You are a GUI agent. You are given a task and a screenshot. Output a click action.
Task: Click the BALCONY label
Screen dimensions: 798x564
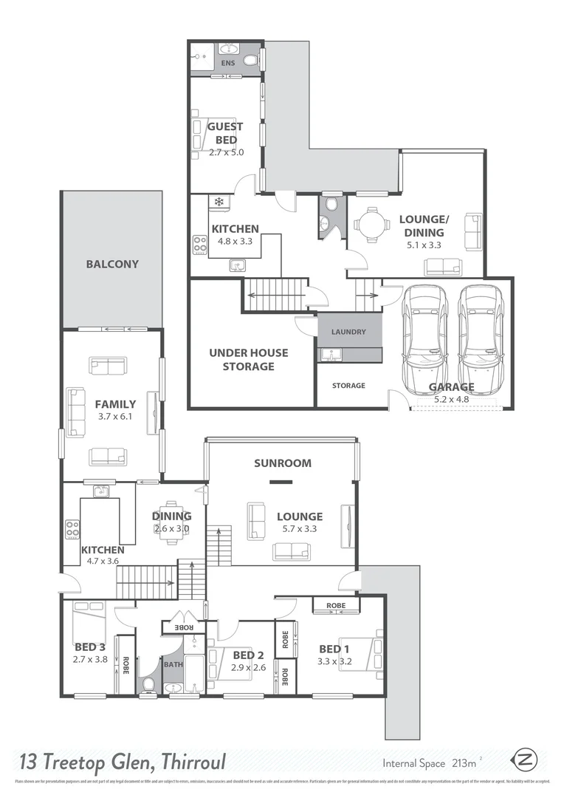point(111,264)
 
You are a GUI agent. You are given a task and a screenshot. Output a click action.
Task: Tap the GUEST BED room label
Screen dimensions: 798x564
point(225,133)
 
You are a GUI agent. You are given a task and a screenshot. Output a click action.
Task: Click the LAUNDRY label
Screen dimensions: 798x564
point(348,332)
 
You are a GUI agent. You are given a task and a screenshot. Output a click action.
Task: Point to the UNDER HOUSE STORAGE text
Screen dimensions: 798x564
point(248,360)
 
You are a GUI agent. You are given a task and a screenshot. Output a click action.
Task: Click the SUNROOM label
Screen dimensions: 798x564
point(283,463)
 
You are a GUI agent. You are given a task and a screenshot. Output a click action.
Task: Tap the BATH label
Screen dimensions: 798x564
point(173,664)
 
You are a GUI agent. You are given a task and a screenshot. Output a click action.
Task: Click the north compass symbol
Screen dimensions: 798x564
point(525,760)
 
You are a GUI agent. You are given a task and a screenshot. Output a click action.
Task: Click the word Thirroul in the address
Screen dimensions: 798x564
point(186,761)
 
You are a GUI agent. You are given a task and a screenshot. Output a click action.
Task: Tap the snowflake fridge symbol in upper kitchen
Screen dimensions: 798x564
point(219,201)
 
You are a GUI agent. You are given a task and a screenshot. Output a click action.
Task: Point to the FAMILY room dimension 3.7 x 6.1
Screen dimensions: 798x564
point(115,417)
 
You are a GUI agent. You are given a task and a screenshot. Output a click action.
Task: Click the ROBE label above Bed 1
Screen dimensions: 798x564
point(336,605)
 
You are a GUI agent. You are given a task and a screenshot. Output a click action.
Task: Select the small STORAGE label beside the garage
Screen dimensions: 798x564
point(348,386)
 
